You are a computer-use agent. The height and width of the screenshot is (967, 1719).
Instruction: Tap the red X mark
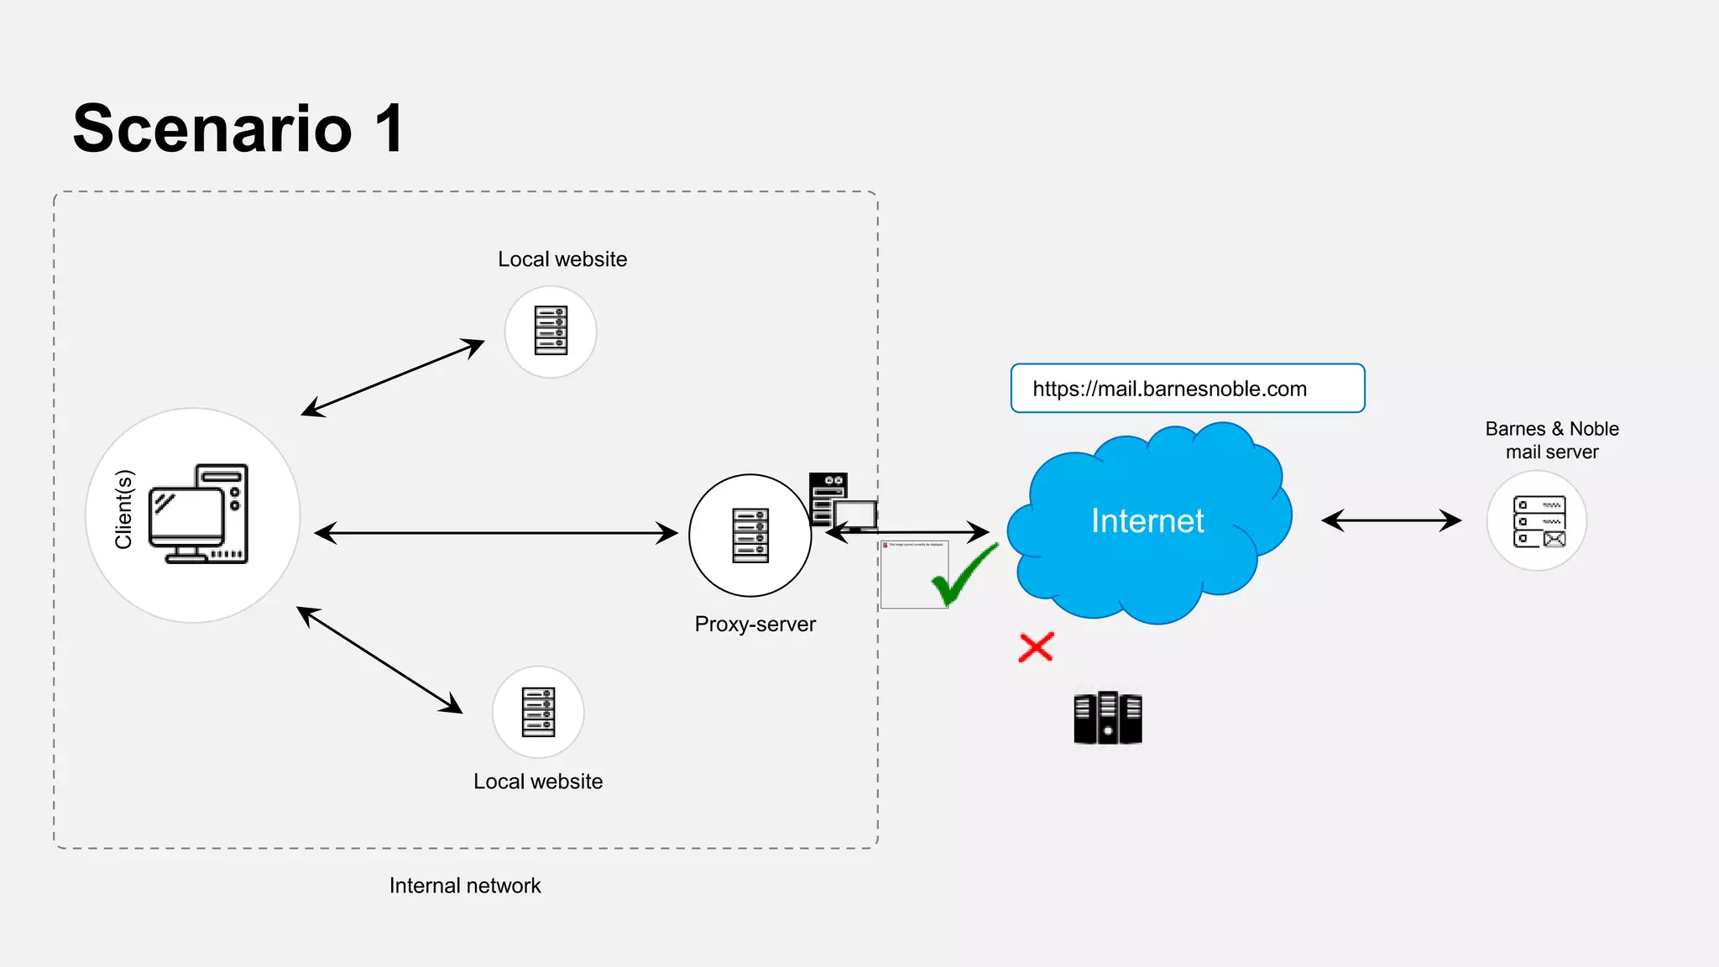(1036, 647)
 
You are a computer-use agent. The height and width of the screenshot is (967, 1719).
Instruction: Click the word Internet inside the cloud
(1147, 521)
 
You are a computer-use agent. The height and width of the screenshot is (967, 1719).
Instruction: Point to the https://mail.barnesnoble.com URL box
(1187, 389)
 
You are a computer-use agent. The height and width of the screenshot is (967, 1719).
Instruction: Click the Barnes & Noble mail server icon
(1538, 521)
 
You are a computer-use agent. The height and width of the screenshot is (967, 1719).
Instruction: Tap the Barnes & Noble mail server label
(1551, 441)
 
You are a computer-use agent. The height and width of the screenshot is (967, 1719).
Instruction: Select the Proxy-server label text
(755, 625)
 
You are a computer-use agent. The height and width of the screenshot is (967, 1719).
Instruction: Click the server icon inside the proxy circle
(750, 536)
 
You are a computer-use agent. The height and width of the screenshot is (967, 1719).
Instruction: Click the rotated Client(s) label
(124, 510)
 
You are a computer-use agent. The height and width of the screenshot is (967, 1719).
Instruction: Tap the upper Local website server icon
(551, 331)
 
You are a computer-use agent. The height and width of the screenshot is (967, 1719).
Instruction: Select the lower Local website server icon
(538, 712)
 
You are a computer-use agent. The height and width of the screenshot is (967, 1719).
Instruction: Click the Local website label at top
(562, 259)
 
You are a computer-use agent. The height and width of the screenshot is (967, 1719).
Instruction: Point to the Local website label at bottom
(538, 781)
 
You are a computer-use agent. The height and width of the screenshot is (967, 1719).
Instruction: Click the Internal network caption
(465, 886)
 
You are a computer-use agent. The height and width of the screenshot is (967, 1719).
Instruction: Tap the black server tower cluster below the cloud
(1108, 718)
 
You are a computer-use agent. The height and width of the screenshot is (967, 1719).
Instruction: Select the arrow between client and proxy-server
(495, 533)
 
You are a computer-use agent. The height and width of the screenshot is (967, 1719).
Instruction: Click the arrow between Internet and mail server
(1391, 520)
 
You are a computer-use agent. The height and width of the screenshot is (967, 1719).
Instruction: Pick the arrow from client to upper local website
(393, 378)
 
